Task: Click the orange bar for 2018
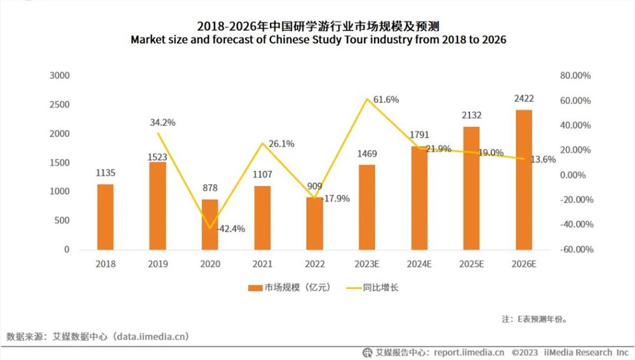105,217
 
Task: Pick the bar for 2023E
366,207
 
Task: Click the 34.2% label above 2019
163,122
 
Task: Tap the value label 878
210,187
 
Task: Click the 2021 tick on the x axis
262,263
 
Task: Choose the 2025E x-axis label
471,263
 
